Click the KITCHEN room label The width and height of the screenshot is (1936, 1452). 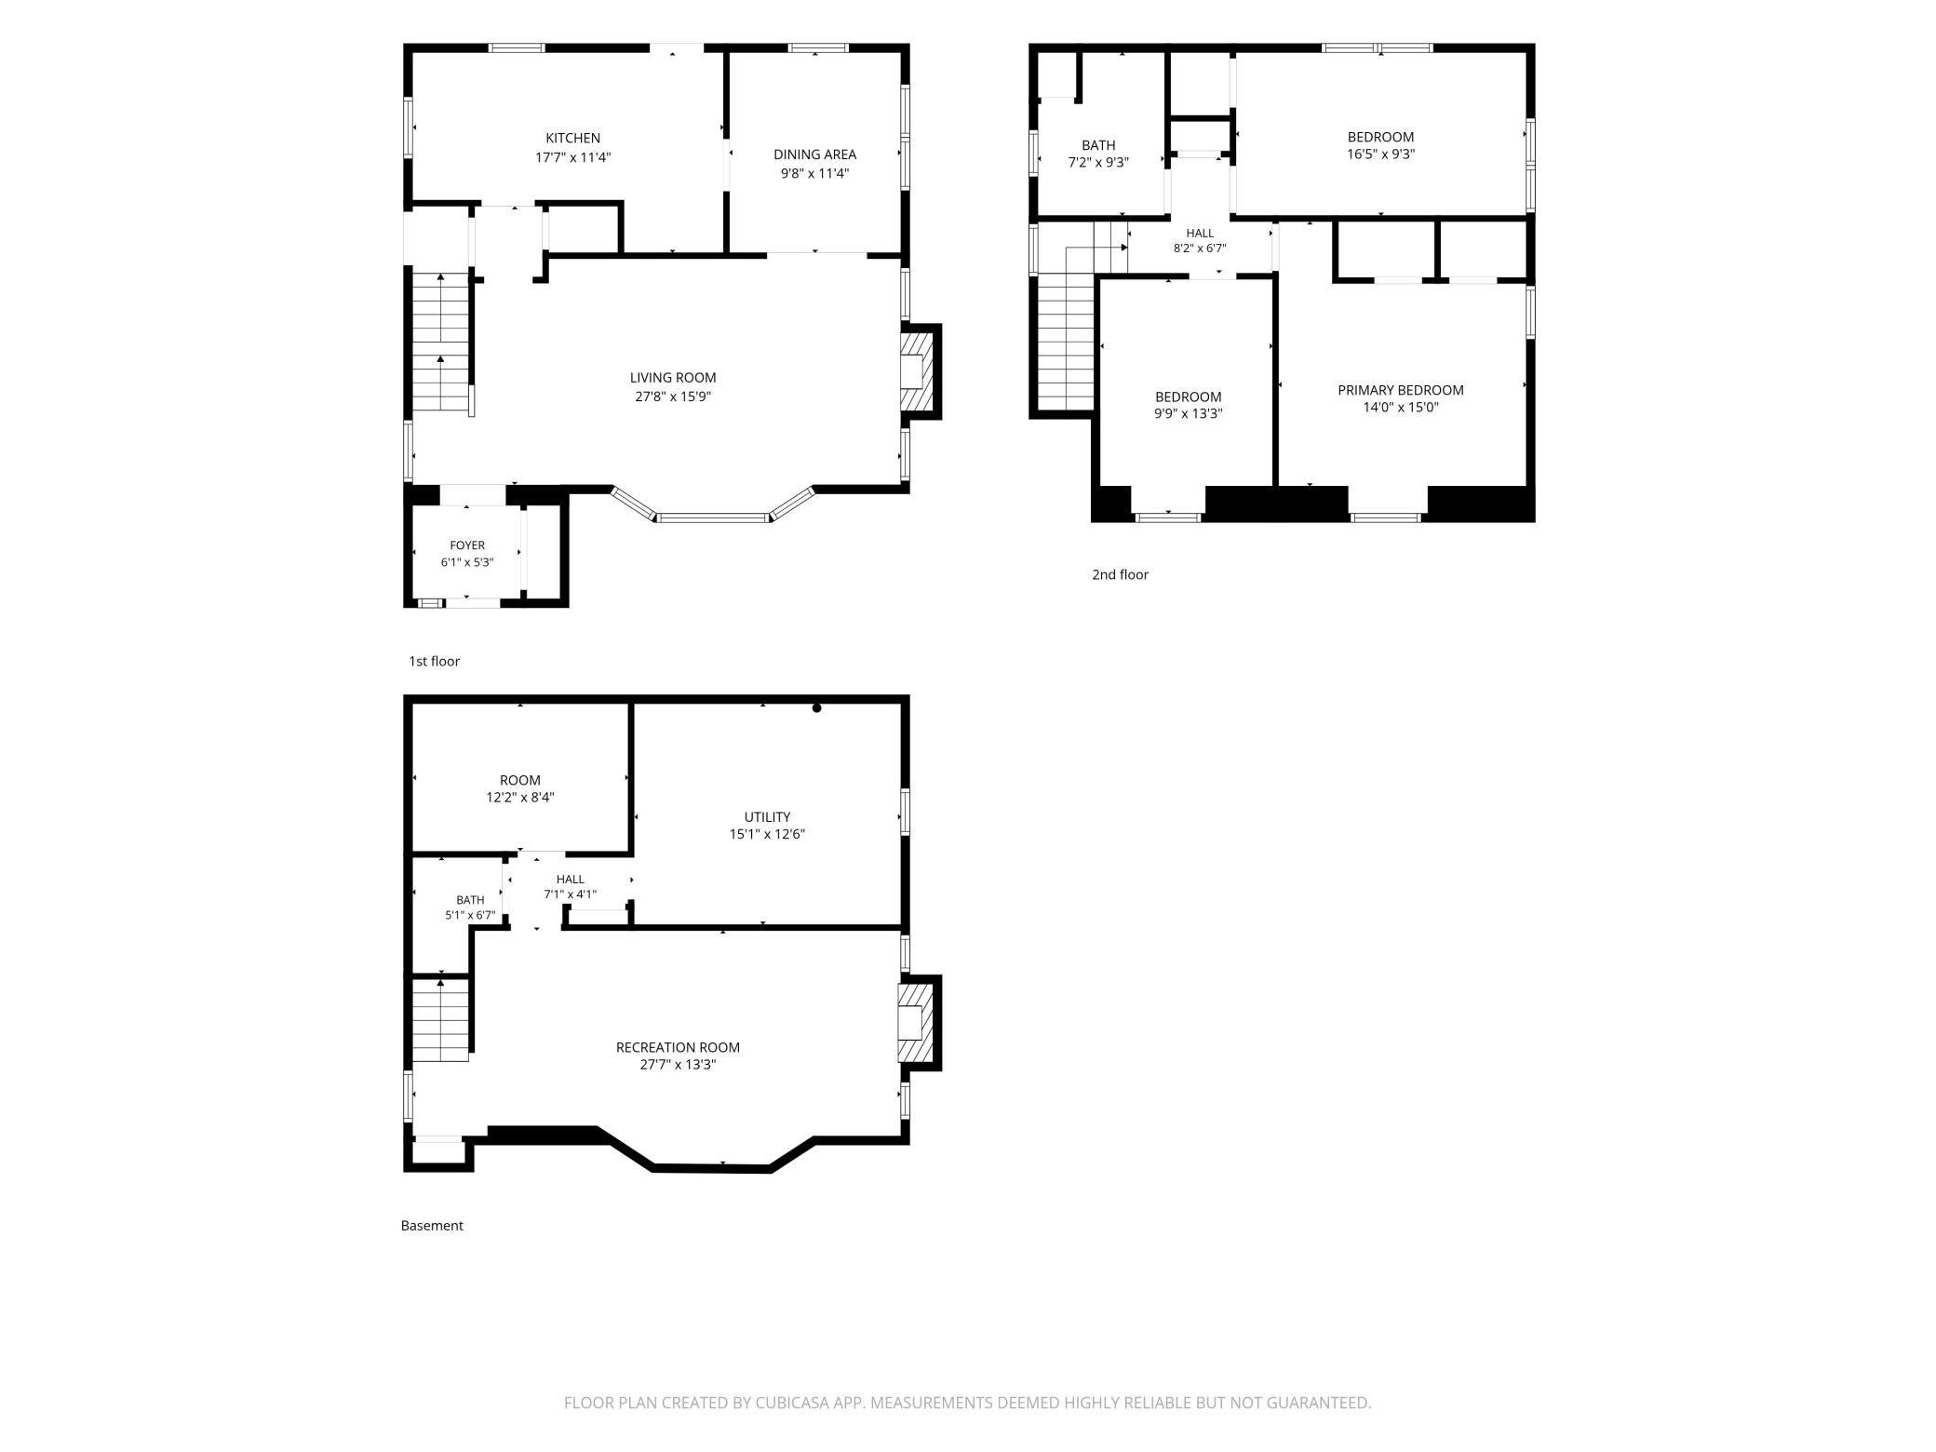pyautogui.click(x=572, y=138)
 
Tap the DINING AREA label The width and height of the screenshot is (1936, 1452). pyautogui.click(x=814, y=155)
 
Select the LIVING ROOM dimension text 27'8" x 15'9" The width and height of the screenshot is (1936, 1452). pyautogui.click(x=673, y=397)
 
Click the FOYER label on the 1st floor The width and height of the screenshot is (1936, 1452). pyautogui.click(x=467, y=545)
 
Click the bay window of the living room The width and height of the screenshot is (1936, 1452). pyautogui.click(x=714, y=514)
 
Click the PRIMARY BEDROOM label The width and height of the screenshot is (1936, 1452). pyautogui.click(x=1401, y=390)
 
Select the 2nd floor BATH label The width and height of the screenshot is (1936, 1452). pyautogui.click(x=1098, y=145)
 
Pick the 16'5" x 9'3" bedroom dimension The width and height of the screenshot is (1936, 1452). pyautogui.click(x=1381, y=155)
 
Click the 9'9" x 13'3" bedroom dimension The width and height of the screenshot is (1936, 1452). pyautogui.click(x=1189, y=413)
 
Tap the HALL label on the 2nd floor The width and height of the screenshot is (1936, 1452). pyautogui.click(x=1200, y=233)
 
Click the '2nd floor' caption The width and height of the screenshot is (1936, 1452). pyautogui.click(x=1120, y=574)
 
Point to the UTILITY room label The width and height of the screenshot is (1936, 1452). pyautogui.click(x=767, y=817)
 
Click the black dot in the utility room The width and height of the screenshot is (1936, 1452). pyautogui.click(x=817, y=708)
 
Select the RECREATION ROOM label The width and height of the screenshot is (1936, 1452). pyautogui.click(x=678, y=1047)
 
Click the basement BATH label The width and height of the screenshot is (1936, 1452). pyautogui.click(x=470, y=900)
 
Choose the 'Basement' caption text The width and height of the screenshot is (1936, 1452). pyautogui.click(x=432, y=1226)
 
